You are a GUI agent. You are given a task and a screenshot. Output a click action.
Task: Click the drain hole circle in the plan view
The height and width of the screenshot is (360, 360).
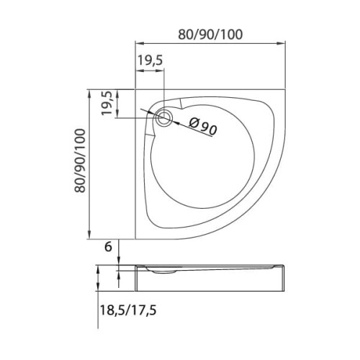(166, 119)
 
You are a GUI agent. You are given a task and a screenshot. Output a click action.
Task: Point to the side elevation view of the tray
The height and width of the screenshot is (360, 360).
(210, 276)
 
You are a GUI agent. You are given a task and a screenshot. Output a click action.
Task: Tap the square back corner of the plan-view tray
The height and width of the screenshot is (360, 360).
(136, 91)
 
